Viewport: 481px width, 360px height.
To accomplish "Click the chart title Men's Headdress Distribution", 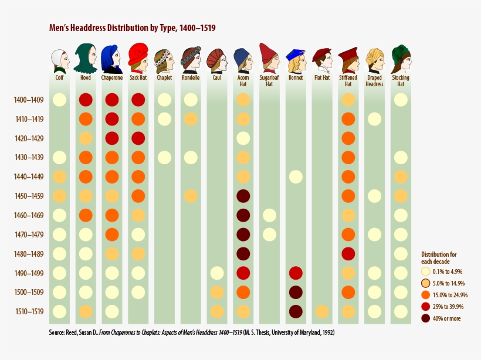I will (136, 28).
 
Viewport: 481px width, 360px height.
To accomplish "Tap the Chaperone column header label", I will (111, 77).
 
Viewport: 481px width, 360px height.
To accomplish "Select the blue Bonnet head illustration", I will (296, 59).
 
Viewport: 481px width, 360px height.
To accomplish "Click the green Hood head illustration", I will (86, 57).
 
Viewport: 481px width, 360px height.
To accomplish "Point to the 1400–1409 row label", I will (28, 100).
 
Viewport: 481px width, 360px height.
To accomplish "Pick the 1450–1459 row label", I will (28, 196).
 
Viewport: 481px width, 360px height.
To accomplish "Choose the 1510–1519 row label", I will (28, 311).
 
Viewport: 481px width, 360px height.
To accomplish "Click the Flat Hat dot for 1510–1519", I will (321, 311).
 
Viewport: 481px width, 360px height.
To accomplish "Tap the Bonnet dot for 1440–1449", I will (296, 176).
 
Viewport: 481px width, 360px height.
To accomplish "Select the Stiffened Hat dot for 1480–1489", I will (348, 254).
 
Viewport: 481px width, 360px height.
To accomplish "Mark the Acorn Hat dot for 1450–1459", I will (243, 196).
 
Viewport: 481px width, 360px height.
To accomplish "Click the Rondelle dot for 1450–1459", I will (190, 196).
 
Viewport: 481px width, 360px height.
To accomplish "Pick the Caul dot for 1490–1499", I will (216, 273).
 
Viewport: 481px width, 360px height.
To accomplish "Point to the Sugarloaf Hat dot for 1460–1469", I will (269, 215).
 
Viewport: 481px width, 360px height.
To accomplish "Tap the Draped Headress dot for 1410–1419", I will (374, 119).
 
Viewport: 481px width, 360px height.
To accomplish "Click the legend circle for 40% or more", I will (426, 318).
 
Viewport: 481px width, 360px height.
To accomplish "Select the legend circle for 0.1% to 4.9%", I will (426, 271).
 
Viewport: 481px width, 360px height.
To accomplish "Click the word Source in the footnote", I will (57, 332).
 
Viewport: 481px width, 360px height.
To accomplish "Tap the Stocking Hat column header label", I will (401, 80).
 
